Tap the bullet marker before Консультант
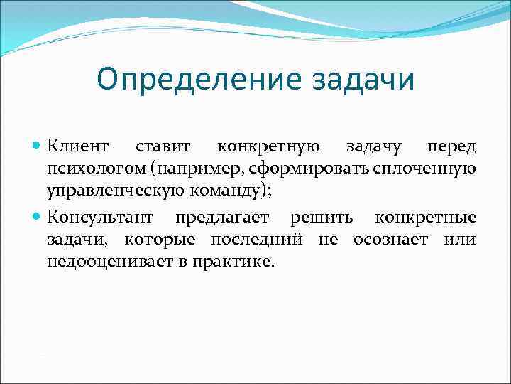[38, 216]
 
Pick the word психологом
[92, 170]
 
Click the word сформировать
[317, 170]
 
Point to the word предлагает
[222, 216]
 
